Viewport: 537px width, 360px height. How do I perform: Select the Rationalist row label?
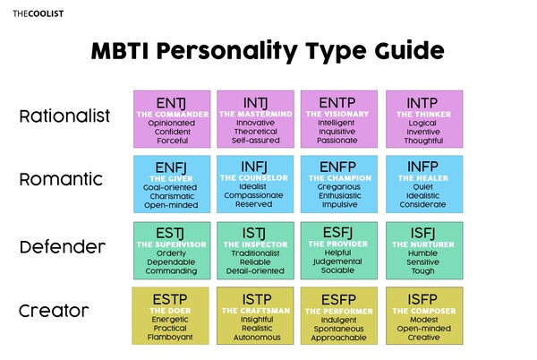pyautogui.click(x=64, y=116)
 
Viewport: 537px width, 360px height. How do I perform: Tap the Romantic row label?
pyautogui.click(x=58, y=180)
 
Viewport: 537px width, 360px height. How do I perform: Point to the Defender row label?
pyautogui.click(x=63, y=246)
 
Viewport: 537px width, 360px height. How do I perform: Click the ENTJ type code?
pyautogui.click(x=171, y=100)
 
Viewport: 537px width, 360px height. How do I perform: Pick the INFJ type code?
pyautogui.click(x=255, y=166)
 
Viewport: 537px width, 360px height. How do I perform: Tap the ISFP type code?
pyautogui.click(x=424, y=297)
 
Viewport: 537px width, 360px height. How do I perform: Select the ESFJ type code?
pyautogui.click(x=339, y=232)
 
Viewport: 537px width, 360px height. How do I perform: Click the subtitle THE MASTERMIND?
pyautogui.click(x=255, y=116)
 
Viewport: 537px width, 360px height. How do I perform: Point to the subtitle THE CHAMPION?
pyautogui.click(x=339, y=179)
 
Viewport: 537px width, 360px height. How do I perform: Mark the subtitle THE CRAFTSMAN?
pyautogui.click(x=255, y=310)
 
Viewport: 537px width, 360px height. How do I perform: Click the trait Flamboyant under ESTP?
pyautogui.click(x=171, y=338)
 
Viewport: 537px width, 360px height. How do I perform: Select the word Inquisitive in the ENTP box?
pyautogui.click(x=339, y=128)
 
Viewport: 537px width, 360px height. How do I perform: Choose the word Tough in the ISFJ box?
pyautogui.click(x=424, y=271)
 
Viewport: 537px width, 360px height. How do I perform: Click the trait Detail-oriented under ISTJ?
pyautogui.click(x=255, y=271)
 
